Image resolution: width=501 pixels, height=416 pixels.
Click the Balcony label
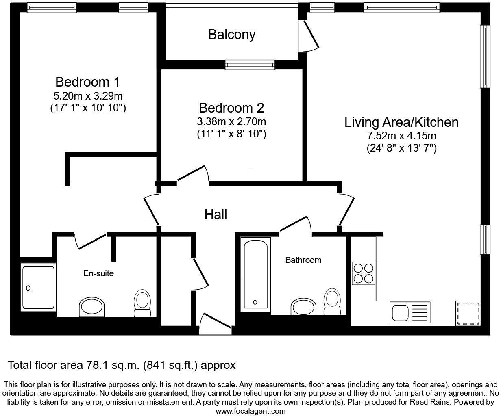tap(232, 35)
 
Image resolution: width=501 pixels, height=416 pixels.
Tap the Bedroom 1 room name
tap(87, 82)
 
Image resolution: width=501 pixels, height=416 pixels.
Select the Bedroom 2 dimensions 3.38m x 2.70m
tap(231, 121)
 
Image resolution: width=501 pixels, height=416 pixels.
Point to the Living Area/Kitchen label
tap(401, 122)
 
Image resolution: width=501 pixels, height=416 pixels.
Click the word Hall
tap(216, 214)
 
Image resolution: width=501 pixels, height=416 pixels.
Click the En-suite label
tap(98, 273)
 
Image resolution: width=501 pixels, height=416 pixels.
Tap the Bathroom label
tap(303, 260)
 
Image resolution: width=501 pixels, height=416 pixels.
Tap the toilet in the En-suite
tap(142, 303)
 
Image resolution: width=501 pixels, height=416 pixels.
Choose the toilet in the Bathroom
tap(331, 302)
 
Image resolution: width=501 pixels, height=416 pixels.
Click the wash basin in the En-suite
tap(92, 307)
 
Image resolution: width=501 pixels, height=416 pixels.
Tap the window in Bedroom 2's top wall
tap(250, 65)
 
